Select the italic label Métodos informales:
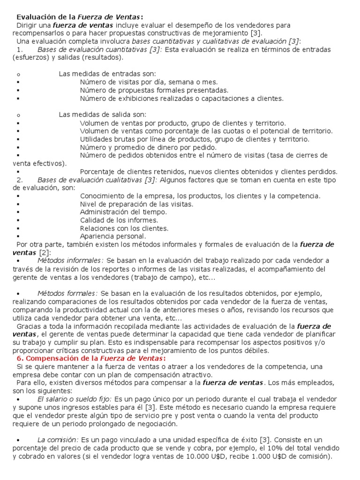(70, 260)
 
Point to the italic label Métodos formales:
(67, 293)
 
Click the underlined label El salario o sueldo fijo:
(74, 399)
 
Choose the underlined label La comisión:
(58, 440)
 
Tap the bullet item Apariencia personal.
(113, 236)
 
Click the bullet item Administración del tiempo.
(123, 212)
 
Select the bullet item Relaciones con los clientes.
(124, 228)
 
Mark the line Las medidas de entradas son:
(107, 74)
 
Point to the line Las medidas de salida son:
(102, 114)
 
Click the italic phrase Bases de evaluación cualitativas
(90, 180)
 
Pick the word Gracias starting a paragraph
(29, 326)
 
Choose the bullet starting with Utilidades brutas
(195, 139)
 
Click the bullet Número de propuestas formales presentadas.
(154, 90)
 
